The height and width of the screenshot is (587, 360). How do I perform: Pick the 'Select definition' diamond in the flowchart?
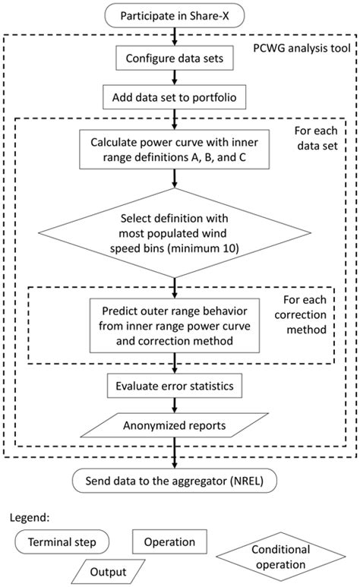click(x=175, y=232)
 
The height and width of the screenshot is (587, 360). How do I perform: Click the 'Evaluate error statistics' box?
click(x=175, y=387)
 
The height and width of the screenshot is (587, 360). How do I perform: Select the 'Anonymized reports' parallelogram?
click(x=175, y=425)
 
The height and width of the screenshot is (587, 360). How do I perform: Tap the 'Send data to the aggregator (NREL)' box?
click(x=175, y=481)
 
